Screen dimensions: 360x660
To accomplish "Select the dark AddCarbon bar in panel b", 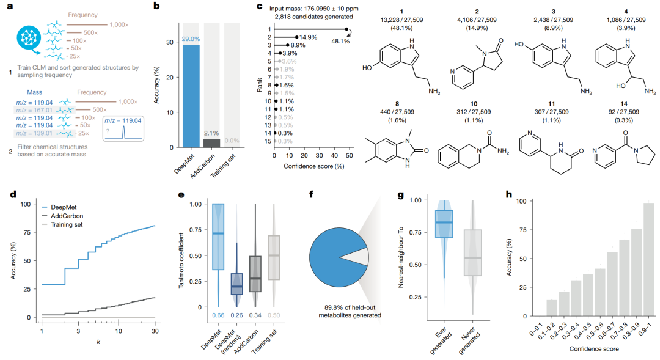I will tap(211, 144).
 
